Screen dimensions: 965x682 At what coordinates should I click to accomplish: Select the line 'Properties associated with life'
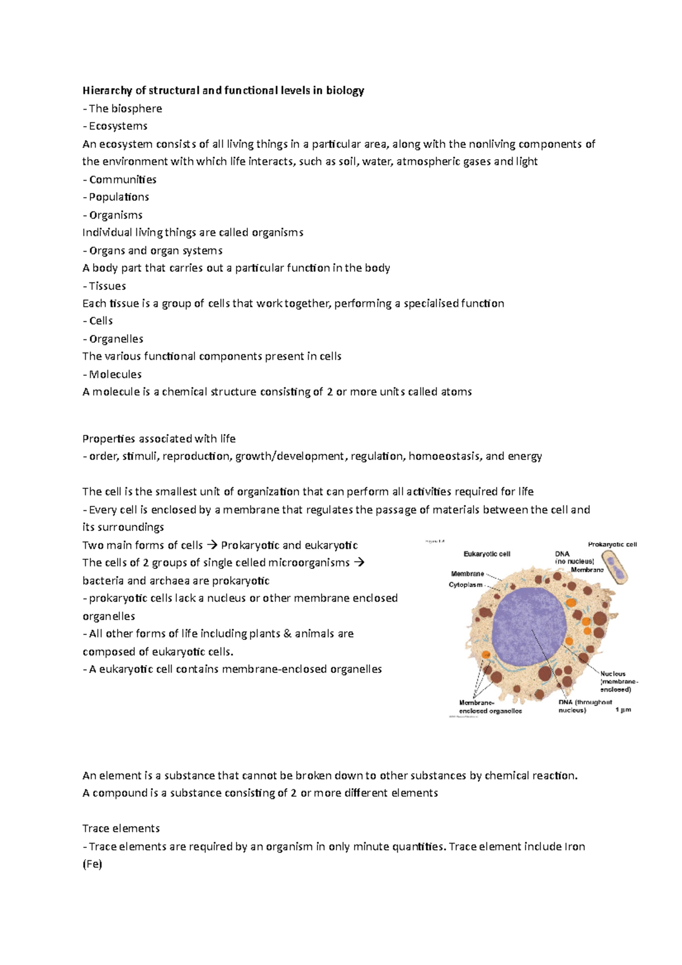(159, 439)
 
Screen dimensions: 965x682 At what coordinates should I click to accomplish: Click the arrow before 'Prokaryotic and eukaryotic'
(211, 546)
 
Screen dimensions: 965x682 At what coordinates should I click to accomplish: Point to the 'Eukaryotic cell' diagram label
(487, 554)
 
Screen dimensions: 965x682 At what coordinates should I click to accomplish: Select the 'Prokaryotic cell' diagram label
(612, 544)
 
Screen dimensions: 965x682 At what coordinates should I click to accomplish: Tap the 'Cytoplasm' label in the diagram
(465, 585)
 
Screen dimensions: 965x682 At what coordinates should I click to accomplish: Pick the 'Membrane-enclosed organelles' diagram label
(490, 707)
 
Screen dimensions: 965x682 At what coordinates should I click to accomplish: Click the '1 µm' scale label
(623, 710)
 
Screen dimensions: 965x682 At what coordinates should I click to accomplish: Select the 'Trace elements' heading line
(121, 829)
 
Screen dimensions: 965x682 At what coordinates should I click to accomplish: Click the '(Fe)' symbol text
(92, 864)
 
